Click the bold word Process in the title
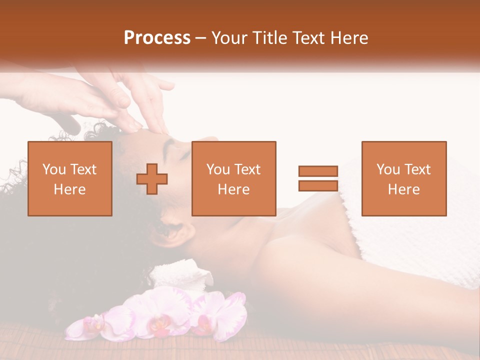157,38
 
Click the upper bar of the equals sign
318,171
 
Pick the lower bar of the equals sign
318,185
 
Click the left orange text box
70,178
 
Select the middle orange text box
234,178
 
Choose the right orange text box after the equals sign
404,178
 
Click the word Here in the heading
350,38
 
